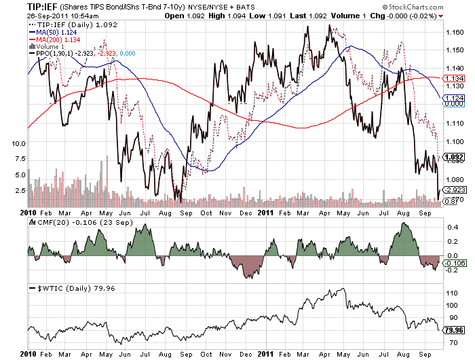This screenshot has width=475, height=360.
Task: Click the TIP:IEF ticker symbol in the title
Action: tap(22, 6)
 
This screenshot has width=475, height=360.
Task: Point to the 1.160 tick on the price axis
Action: tap(455, 32)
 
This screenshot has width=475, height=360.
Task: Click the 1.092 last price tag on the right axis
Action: tap(454, 156)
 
